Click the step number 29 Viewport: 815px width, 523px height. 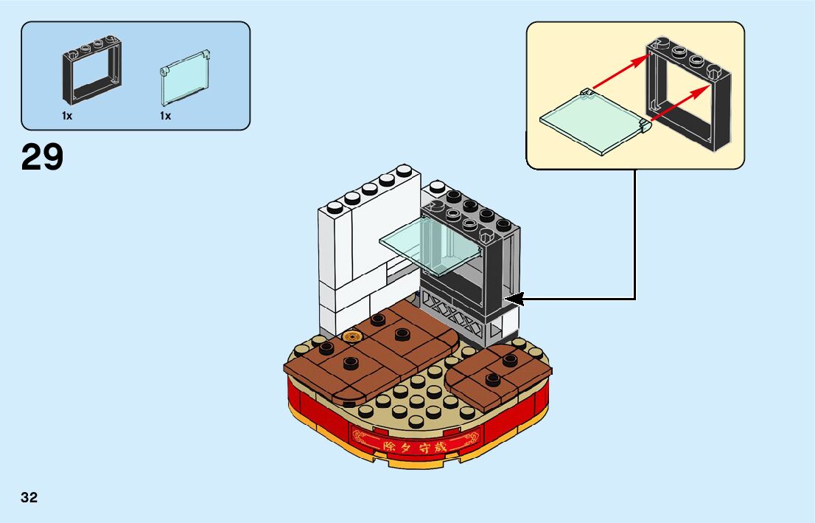[x=43, y=156]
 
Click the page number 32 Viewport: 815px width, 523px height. [x=29, y=497]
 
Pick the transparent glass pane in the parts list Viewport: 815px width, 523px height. [x=184, y=82]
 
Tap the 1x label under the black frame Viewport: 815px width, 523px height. [x=68, y=116]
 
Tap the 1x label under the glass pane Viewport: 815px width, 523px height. [x=165, y=116]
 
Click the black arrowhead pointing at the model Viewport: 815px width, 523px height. [x=514, y=299]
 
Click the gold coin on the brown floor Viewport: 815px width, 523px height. [x=351, y=338]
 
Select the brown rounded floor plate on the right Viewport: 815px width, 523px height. [x=497, y=376]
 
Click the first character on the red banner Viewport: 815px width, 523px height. [x=380, y=446]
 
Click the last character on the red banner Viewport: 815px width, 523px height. [x=441, y=446]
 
